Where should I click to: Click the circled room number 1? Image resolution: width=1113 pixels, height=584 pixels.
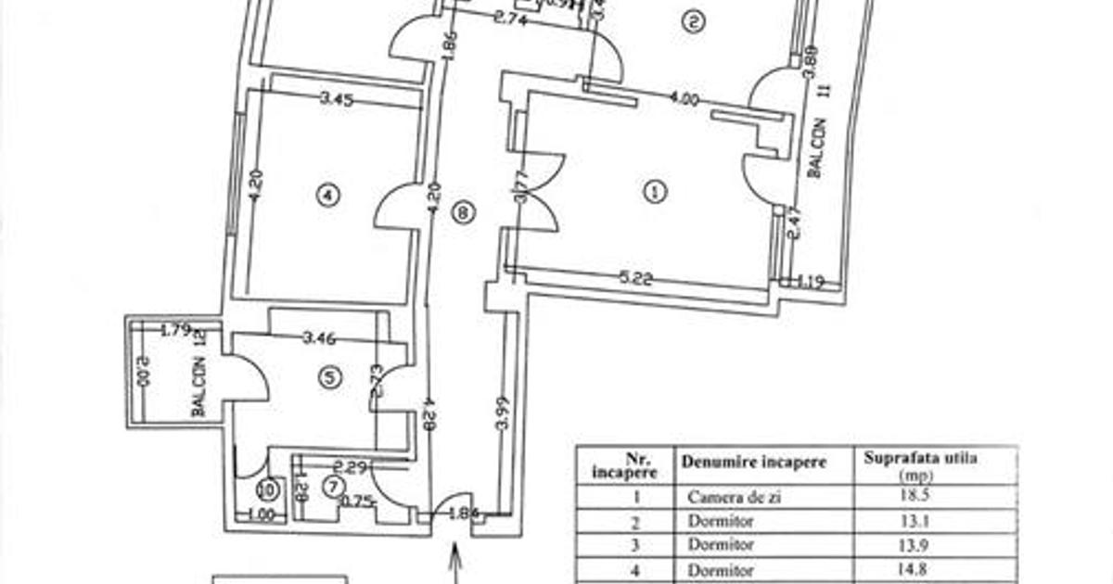pyautogui.click(x=655, y=192)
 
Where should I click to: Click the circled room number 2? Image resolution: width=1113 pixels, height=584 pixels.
pyautogui.click(x=691, y=23)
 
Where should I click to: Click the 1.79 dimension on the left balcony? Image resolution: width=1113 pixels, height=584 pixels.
pyautogui.click(x=175, y=329)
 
